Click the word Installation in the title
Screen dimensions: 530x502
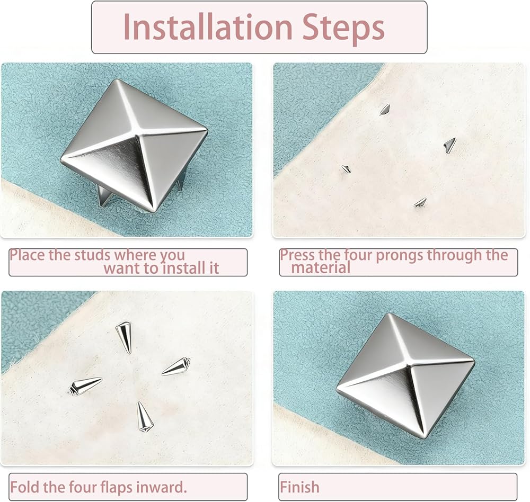click(208, 28)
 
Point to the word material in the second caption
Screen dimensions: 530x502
click(321, 268)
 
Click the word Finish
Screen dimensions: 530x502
click(299, 487)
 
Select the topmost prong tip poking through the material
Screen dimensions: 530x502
click(385, 110)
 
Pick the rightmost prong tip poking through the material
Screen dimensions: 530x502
click(450, 145)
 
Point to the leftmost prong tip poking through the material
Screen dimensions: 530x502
click(346, 169)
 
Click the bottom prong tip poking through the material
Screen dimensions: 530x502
click(420, 202)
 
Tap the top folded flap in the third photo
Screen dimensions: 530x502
click(123, 336)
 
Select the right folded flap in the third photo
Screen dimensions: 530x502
click(176, 366)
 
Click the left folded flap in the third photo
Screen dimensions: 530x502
click(85, 385)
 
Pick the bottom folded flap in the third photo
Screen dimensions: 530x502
click(144, 417)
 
